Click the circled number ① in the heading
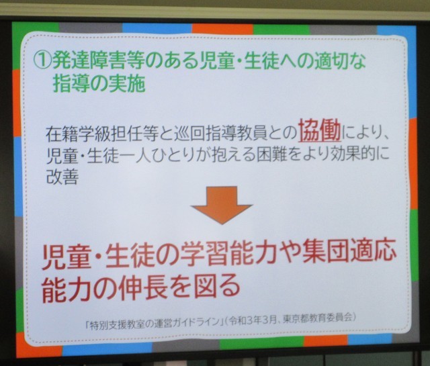click(x=42, y=60)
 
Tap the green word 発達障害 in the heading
click(x=89, y=60)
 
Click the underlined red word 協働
click(x=320, y=130)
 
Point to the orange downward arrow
click(x=222, y=205)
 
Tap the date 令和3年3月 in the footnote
click(x=253, y=320)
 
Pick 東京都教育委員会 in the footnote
click(x=318, y=319)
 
